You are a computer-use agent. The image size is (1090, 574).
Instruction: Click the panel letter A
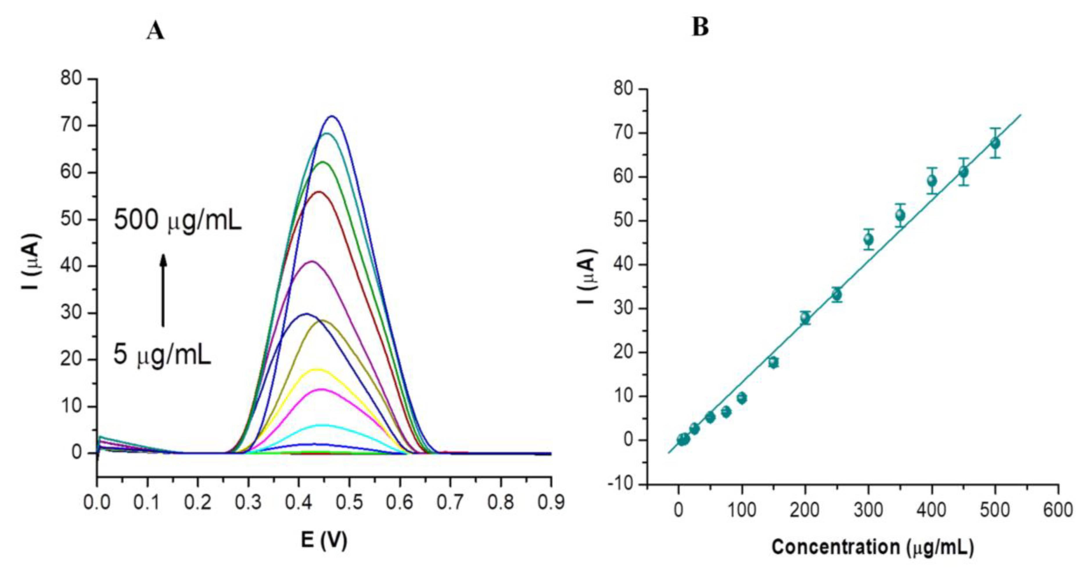tap(155, 31)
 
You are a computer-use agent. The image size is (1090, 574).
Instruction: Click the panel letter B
tap(700, 28)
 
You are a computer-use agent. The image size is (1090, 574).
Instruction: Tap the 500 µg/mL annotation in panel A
tap(178, 221)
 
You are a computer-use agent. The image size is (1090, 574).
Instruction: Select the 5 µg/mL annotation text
tap(162, 355)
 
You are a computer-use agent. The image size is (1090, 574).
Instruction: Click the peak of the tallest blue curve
tap(332, 117)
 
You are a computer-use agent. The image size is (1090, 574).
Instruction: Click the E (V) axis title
tap(324, 540)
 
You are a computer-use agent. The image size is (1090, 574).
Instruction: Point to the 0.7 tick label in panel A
tap(450, 503)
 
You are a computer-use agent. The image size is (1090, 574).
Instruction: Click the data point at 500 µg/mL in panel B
tap(995, 143)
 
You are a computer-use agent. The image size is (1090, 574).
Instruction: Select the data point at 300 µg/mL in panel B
tap(869, 239)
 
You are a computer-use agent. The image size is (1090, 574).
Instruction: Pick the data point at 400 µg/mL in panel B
tap(932, 181)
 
